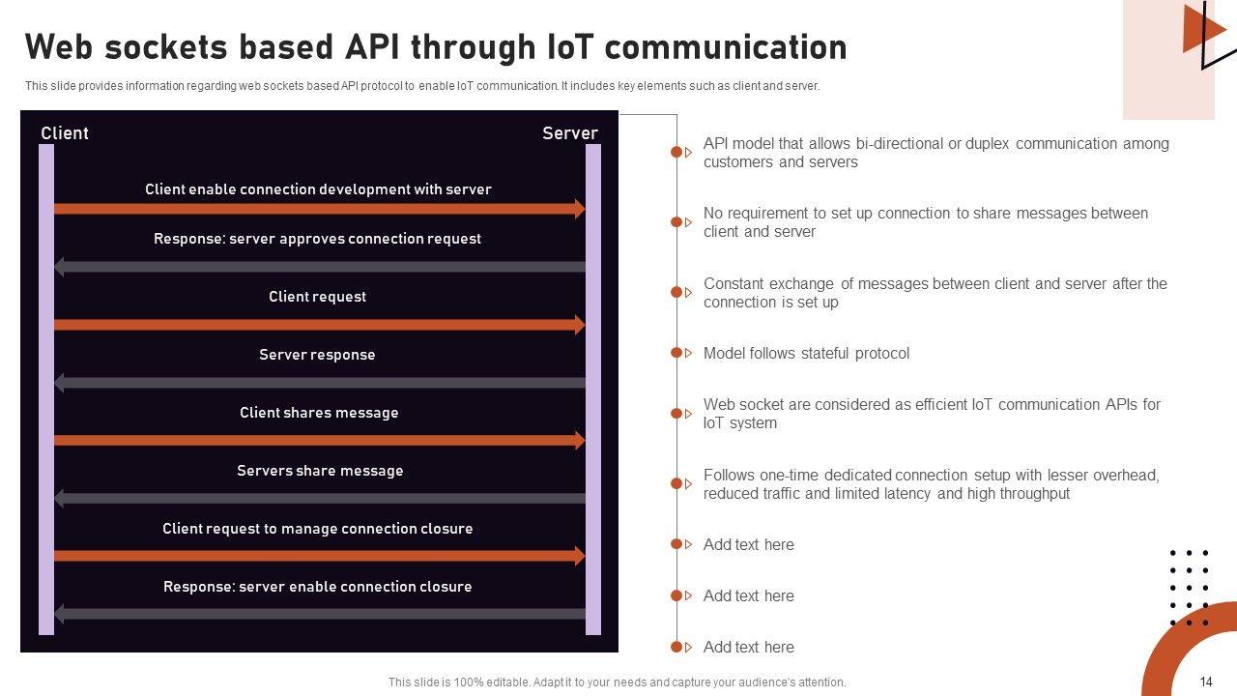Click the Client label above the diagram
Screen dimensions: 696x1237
coord(65,133)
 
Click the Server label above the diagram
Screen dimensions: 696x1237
coord(569,133)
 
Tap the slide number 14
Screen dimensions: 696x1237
coord(1206,681)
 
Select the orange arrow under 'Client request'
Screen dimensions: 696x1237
coord(319,325)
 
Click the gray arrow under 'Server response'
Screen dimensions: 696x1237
coord(319,383)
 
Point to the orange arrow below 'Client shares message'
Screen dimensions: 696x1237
coord(319,441)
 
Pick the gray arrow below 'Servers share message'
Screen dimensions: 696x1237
coord(319,499)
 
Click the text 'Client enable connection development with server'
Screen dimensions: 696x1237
coord(318,189)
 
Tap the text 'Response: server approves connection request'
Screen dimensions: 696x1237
coord(317,239)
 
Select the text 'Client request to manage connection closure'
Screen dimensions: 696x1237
coord(317,529)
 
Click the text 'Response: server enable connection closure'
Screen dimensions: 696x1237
coord(317,587)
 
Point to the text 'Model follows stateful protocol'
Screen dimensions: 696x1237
coord(806,354)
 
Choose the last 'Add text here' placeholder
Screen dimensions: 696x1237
coord(748,648)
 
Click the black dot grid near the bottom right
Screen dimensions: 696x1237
coord(1190,588)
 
